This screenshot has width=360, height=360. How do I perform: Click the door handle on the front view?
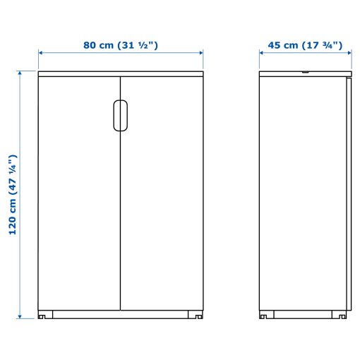120,116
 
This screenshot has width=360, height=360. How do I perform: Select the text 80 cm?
100,45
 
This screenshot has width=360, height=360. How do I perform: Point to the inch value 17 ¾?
322,45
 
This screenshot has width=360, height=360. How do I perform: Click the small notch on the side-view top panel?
305,71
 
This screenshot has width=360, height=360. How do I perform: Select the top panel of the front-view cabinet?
120,73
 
